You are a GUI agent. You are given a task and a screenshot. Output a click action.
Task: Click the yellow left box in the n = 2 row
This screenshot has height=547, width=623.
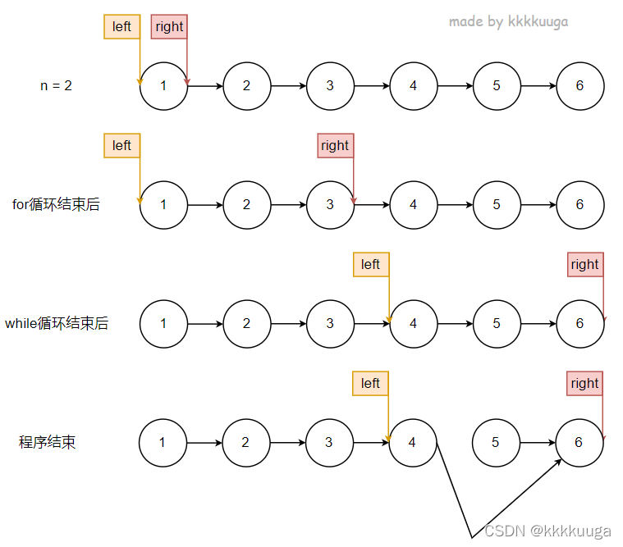coord(121,26)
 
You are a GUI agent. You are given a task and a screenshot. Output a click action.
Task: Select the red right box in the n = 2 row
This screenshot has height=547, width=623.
coord(169,26)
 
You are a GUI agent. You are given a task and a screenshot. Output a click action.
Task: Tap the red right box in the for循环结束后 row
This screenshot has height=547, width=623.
coord(335,146)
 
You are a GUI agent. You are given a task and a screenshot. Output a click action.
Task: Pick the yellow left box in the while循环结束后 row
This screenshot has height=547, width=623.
coord(370,264)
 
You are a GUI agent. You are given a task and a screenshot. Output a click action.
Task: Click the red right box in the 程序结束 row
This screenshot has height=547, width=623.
coord(584,383)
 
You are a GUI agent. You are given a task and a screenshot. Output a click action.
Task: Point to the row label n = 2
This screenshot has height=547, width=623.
coord(56,85)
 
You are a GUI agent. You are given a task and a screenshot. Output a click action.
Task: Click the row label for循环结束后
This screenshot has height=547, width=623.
coord(56,204)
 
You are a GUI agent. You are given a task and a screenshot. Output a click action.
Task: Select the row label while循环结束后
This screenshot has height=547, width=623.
coord(56,323)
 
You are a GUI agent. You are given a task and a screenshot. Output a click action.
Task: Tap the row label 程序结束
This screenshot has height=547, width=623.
coord(48,442)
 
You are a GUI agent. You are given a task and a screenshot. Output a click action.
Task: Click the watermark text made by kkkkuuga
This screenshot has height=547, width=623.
coord(508,22)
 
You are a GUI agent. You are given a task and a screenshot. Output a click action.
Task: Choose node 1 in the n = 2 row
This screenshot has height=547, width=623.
coord(163,85)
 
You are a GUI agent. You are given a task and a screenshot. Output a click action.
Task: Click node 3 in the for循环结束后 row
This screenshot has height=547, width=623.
coord(330,204)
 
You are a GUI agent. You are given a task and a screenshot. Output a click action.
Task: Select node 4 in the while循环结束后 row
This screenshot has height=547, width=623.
coord(413,323)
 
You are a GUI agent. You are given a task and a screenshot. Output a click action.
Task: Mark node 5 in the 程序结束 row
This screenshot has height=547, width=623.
coord(496,442)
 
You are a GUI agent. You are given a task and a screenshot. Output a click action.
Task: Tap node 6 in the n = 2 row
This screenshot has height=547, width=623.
coord(579,85)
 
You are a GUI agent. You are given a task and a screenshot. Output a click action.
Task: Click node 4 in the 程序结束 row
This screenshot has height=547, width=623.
coord(412,442)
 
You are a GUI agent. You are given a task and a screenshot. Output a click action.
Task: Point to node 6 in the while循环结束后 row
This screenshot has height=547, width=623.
coord(579,323)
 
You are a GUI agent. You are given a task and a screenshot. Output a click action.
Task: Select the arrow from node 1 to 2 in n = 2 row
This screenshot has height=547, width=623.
coord(205,85)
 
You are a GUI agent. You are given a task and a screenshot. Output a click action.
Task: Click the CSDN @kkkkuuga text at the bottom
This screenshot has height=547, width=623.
coord(547,531)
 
